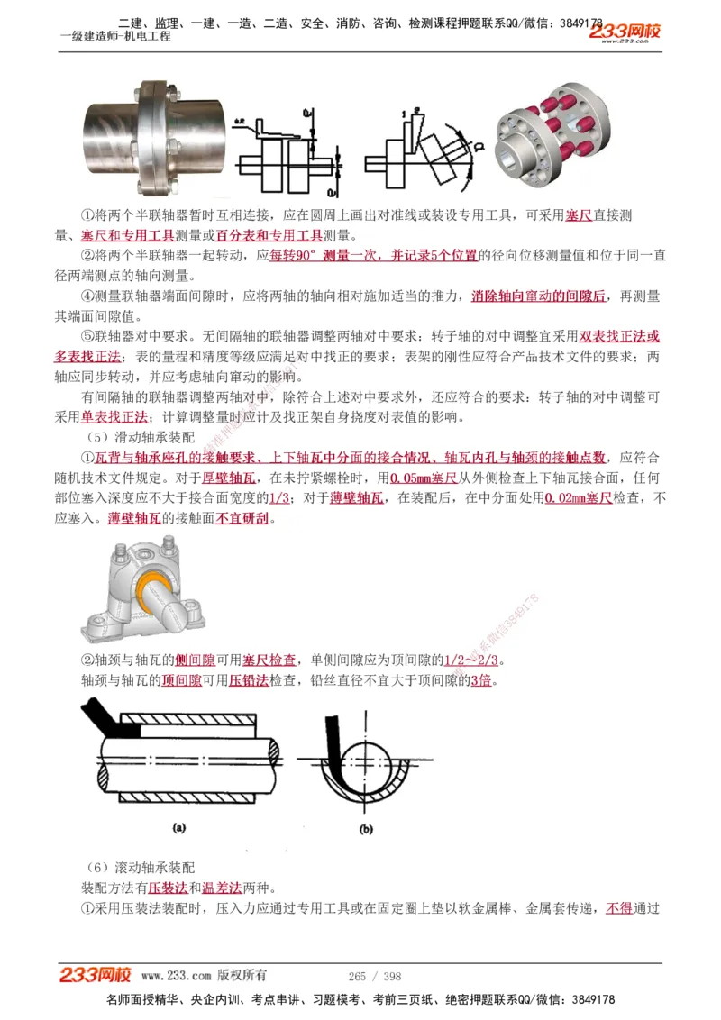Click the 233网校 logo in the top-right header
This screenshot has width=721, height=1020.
tap(625, 32)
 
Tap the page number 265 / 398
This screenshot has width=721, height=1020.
tap(375, 976)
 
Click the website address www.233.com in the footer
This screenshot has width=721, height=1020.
tap(177, 976)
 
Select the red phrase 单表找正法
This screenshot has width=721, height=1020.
tap(114, 417)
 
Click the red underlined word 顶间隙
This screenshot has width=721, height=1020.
tap(181, 680)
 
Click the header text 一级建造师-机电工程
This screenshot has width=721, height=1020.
tap(115, 36)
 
